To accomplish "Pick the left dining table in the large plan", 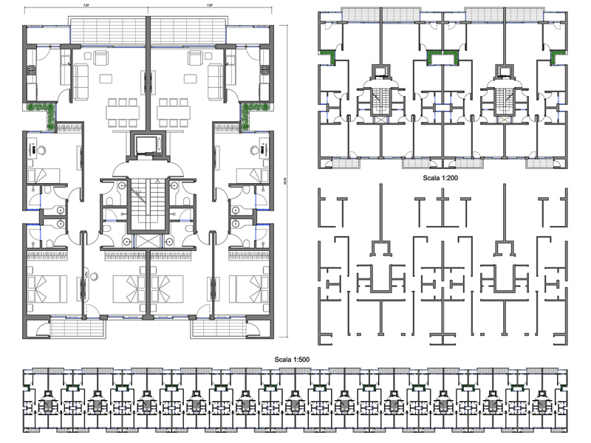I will tap(121, 111).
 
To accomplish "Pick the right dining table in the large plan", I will tap(174, 111).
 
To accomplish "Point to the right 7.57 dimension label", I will tap(210, 5).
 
